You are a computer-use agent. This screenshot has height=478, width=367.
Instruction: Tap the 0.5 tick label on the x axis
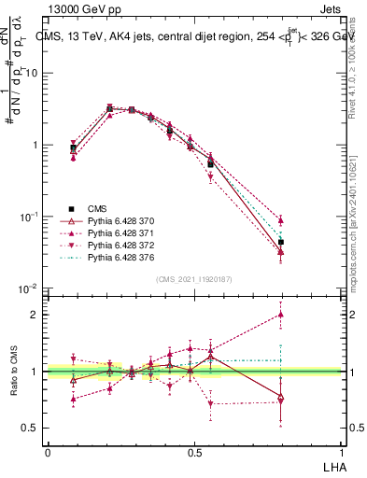(194, 451)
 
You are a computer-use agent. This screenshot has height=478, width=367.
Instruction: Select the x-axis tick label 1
(342, 451)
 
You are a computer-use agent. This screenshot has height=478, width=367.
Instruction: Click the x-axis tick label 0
(48, 451)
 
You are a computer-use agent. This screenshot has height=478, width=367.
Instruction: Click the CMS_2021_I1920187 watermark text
(194, 279)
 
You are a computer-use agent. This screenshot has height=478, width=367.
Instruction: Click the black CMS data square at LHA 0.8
(281, 242)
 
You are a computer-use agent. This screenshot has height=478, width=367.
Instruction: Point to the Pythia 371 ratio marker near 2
(281, 315)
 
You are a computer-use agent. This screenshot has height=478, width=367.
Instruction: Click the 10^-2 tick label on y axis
(30, 288)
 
